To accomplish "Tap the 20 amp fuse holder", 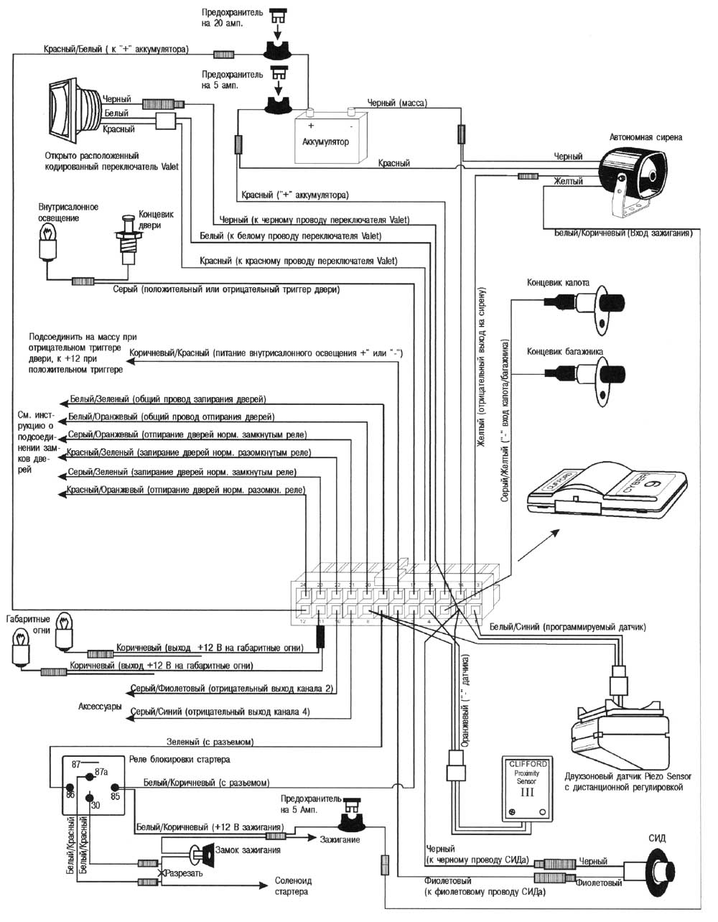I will pyautogui.click(x=276, y=50).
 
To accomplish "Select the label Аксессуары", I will pyautogui.click(x=98, y=707).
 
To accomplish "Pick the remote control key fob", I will pyautogui.click(x=607, y=492).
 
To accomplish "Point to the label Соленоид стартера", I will pyautogui.click(x=293, y=886).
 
